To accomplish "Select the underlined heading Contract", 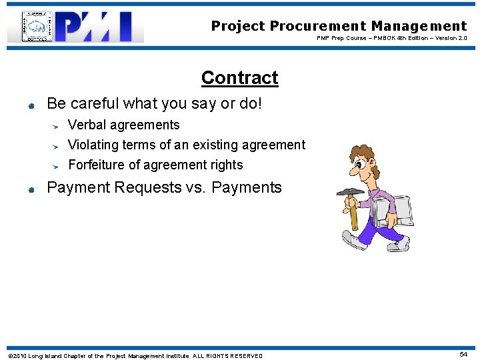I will [239, 78].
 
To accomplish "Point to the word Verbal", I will [89, 125].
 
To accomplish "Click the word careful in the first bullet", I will [95, 104].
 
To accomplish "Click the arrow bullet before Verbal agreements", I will [57, 125].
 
